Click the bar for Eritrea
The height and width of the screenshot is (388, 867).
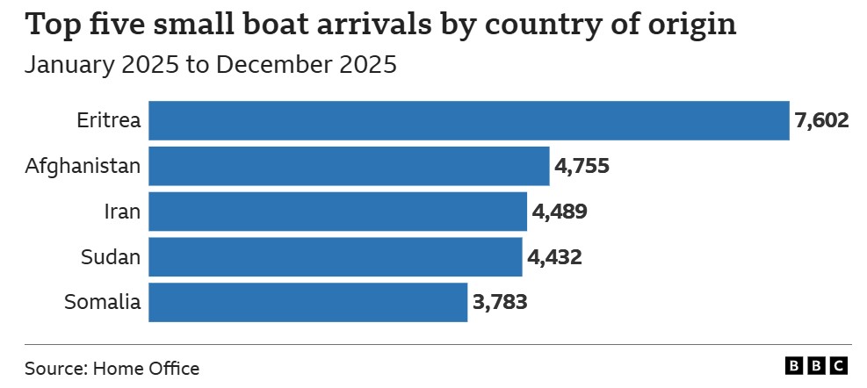(468, 121)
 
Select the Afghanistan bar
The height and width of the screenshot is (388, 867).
(349, 167)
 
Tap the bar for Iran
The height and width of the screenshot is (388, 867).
(337, 212)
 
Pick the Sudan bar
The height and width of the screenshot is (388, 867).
(335, 257)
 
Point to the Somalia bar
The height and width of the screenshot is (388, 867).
(307, 302)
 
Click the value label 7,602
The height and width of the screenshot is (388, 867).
(821, 121)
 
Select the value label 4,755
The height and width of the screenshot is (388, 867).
(581, 167)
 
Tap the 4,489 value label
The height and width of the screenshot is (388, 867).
(559, 212)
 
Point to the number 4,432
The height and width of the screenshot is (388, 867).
(554, 257)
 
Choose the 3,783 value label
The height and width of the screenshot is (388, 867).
(500, 303)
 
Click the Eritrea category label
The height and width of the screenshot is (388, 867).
(109, 121)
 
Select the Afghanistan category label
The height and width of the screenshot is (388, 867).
(83, 167)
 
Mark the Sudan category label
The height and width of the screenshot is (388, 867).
(111, 257)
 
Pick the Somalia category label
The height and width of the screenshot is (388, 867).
(103, 303)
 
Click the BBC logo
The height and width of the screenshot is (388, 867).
(817, 366)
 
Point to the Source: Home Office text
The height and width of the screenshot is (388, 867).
(112, 368)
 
